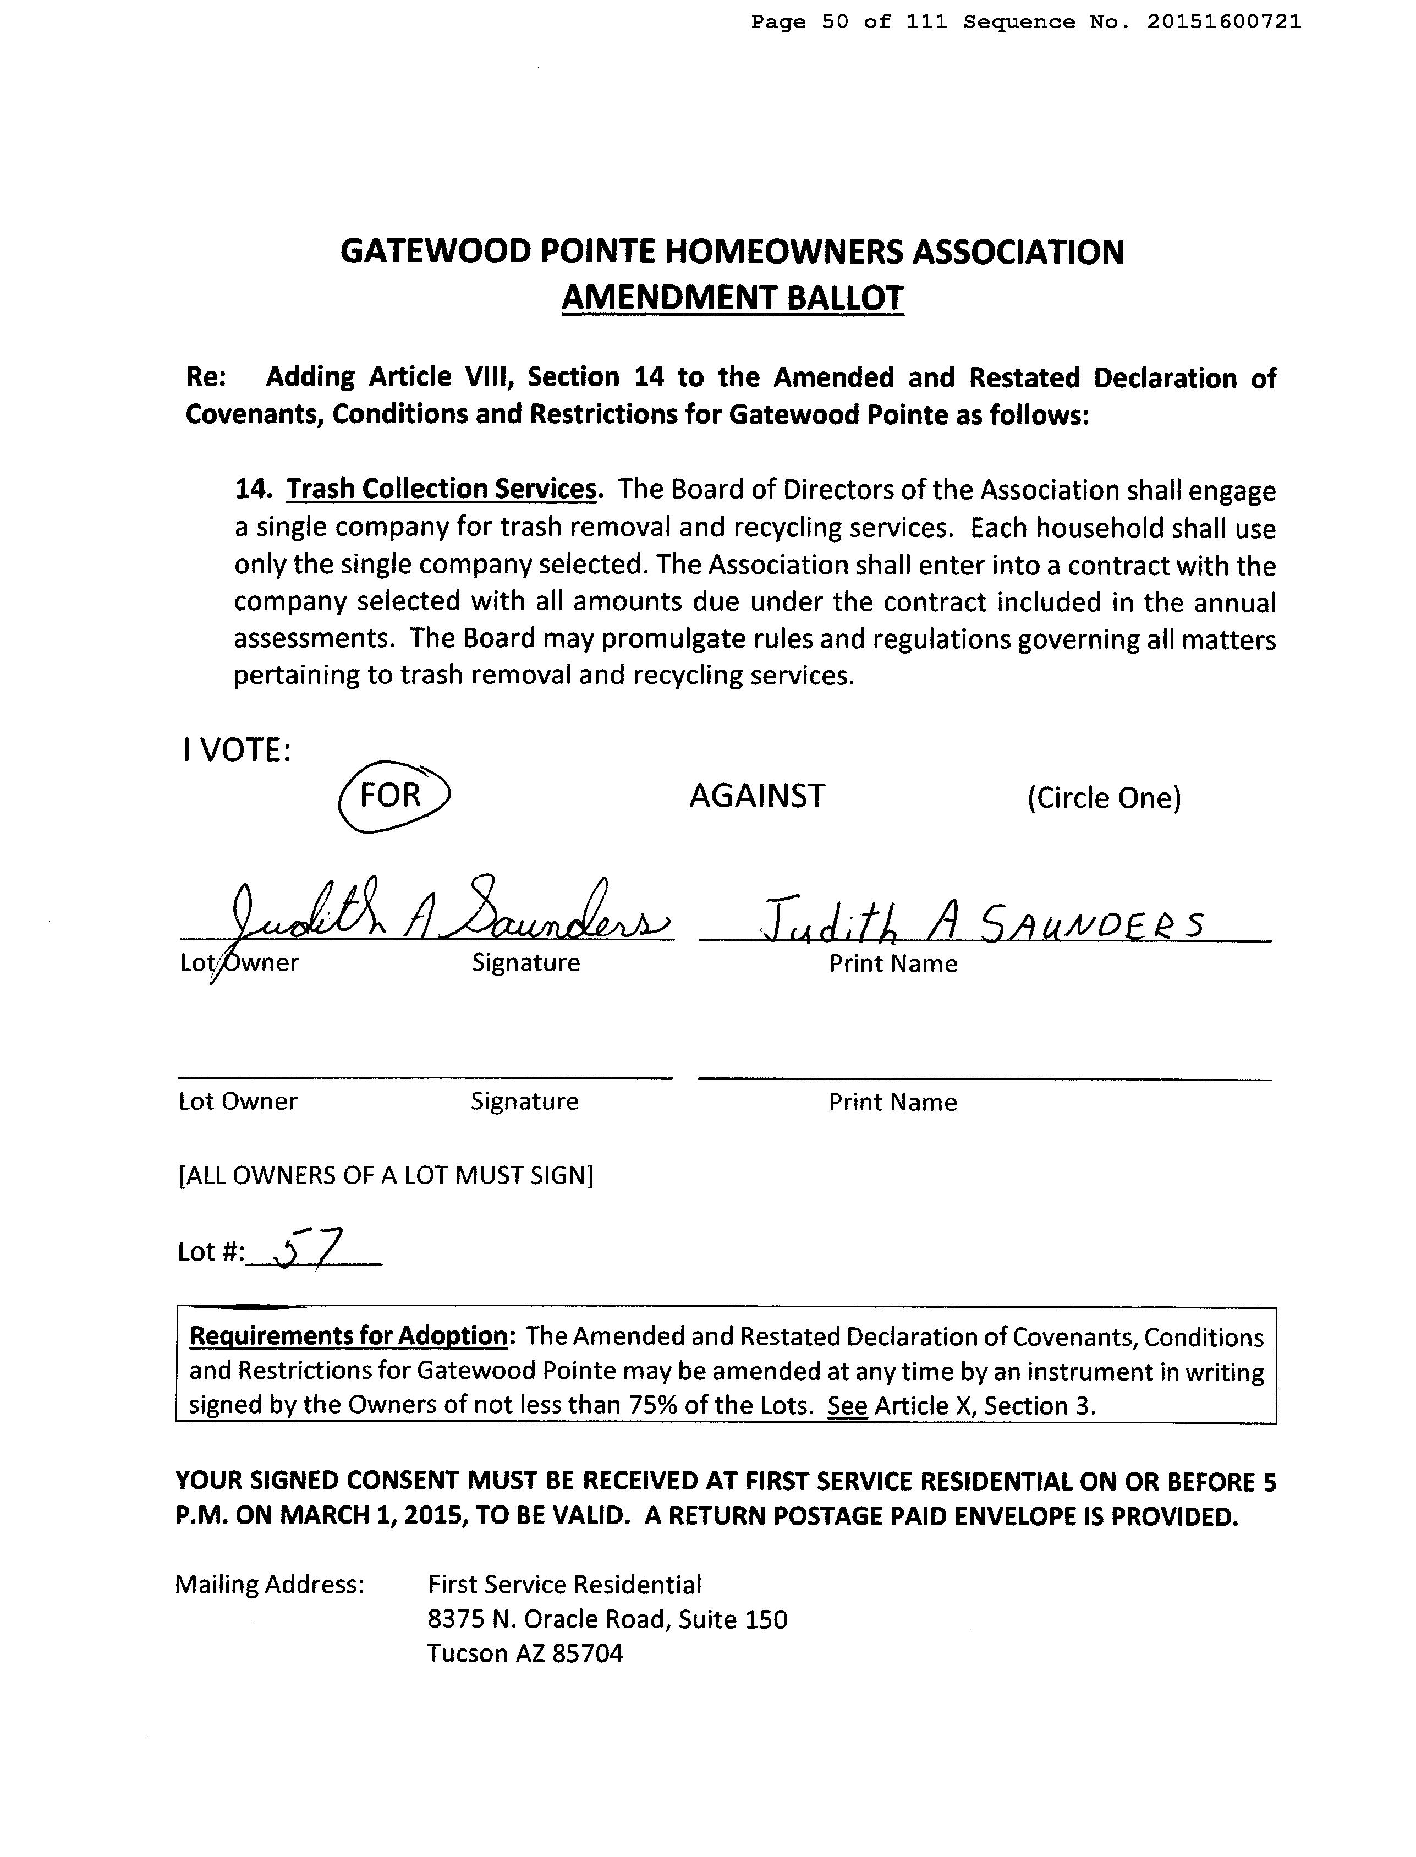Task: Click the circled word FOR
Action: click(x=390, y=795)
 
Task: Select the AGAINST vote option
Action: click(x=757, y=796)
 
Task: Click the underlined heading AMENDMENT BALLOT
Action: click(x=732, y=298)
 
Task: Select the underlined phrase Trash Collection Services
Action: click(x=442, y=489)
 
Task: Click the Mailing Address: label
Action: click(x=270, y=1585)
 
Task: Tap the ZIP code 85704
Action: click(x=588, y=1653)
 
